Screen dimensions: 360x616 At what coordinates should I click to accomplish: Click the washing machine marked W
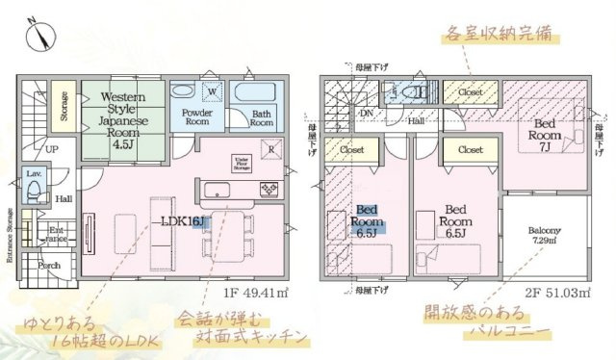[212, 93]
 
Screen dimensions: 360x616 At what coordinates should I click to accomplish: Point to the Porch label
[50, 265]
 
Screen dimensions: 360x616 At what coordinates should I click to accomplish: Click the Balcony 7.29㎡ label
[546, 236]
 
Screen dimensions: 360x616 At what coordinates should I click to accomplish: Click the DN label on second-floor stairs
[366, 114]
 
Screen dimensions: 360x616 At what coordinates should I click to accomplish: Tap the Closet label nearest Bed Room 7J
[471, 92]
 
